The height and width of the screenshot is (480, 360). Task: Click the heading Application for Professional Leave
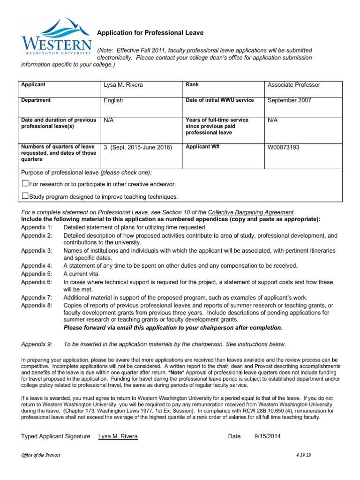[150, 33]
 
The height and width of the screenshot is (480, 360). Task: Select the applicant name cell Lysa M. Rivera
[123, 85]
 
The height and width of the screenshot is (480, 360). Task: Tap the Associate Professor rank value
[294, 85]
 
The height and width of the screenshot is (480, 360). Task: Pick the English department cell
[113, 100]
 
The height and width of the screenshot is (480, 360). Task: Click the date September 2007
[289, 100]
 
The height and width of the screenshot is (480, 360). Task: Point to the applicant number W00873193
[284, 147]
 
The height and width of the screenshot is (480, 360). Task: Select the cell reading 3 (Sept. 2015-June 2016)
[138, 147]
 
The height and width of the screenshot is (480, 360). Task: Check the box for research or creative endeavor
[25, 184]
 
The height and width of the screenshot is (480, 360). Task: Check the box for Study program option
[25, 196]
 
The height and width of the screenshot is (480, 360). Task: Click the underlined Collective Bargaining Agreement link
[251, 212]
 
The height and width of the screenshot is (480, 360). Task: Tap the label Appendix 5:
[37, 273]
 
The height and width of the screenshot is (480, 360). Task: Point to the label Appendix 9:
[37, 344]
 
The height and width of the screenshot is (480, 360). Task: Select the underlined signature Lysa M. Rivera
[118, 436]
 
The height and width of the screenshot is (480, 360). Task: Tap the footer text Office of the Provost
[41, 455]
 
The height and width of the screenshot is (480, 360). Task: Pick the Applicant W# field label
[202, 147]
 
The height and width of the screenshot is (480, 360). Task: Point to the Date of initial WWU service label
[219, 100]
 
